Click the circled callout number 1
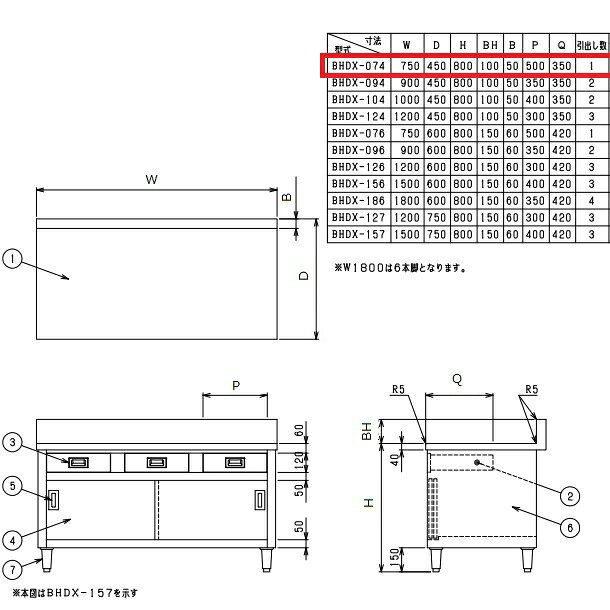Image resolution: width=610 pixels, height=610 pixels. coord(12,259)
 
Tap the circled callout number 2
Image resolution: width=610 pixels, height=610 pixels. coord(570,496)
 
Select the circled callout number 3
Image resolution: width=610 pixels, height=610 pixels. coord(12,442)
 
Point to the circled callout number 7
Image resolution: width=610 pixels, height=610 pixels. coord(12,570)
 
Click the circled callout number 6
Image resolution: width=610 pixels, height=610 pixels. coord(570,528)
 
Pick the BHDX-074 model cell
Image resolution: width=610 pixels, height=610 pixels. coord(358,66)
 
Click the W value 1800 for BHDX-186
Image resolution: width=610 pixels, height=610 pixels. coord(407,201)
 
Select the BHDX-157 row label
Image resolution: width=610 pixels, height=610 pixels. coord(358,234)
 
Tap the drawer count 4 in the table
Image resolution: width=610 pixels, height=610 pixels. coord(591,201)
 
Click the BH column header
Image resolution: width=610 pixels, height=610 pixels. coord(490,45)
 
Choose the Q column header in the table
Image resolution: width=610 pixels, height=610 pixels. coord(561,45)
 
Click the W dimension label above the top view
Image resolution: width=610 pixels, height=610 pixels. coord(151,179)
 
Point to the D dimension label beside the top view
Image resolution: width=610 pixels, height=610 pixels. coord(303,275)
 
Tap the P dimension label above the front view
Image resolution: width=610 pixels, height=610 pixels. coord(236,386)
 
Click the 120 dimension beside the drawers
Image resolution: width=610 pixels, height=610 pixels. coord(299,460)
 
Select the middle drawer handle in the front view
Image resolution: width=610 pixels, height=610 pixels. coord(157,462)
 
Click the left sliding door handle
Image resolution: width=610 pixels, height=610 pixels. coord(54,500)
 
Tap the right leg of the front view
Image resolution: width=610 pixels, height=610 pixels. coord(266,560)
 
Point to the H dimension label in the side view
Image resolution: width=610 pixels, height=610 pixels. coord(368,503)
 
